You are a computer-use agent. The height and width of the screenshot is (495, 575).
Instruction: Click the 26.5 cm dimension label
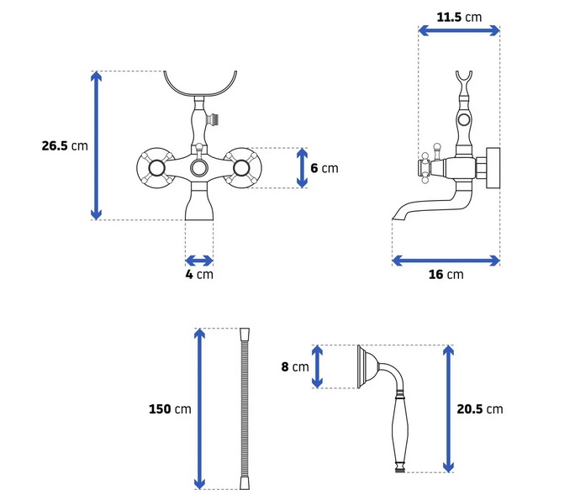[65, 145]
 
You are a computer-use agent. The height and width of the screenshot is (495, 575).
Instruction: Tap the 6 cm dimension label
[324, 168]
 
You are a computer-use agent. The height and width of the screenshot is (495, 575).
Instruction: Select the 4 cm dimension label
[199, 274]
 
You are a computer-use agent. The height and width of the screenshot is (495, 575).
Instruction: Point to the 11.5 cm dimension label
[459, 17]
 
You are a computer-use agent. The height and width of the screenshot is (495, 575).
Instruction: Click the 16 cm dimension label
[446, 274]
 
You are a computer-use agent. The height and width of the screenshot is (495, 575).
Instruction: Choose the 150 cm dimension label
[170, 408]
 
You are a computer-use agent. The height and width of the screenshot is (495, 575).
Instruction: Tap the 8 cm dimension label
[295, 366]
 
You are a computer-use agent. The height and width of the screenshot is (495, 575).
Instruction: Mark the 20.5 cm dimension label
[480, 408]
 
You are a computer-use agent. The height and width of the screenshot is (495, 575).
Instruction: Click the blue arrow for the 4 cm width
[199, 261]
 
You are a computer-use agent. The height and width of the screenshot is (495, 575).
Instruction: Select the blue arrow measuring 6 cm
[302, 168]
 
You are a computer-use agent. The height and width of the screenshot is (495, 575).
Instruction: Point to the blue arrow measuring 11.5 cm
[459, 30]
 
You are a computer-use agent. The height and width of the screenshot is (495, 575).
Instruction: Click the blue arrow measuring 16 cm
[446, 261]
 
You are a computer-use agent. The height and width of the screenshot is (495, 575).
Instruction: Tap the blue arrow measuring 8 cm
[317, 366]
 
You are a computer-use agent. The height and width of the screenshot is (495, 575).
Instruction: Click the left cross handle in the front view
[156, 168]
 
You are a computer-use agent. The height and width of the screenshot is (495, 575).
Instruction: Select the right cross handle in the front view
[241, 168]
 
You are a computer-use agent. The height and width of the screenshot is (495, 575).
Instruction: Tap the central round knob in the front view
[199, 168]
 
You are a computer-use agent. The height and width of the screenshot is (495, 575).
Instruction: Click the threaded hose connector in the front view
[213, 119]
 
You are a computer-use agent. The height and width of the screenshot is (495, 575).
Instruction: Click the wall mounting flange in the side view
[493, 168]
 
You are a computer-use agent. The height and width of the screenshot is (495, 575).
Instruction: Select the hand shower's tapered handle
[400, 431]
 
